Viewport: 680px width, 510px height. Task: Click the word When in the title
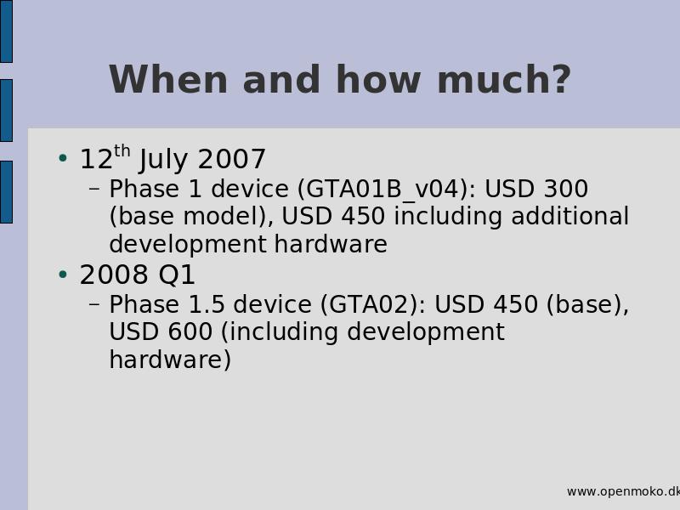pos(168,79)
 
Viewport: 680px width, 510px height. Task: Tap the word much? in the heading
pos(504,79)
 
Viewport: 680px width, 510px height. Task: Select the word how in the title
pos(378,79)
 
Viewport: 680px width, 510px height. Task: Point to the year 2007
pos(231,159)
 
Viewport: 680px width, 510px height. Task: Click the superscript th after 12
pos(122,151)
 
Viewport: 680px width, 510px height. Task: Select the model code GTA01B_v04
pos(382,190)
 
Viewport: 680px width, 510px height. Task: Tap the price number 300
pos(566,189)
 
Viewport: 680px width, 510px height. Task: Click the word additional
pos(569,216)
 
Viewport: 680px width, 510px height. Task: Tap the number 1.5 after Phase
pos(207,304)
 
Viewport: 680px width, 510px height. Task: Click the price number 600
pos(190,331)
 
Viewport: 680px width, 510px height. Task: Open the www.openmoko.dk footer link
pos(623,492)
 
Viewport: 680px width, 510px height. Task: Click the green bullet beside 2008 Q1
pos(63,275)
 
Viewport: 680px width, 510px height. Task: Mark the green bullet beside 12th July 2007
pos(63,158)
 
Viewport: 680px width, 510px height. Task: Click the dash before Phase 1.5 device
pos(94,304)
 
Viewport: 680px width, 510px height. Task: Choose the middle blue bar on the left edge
pos(6,110)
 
